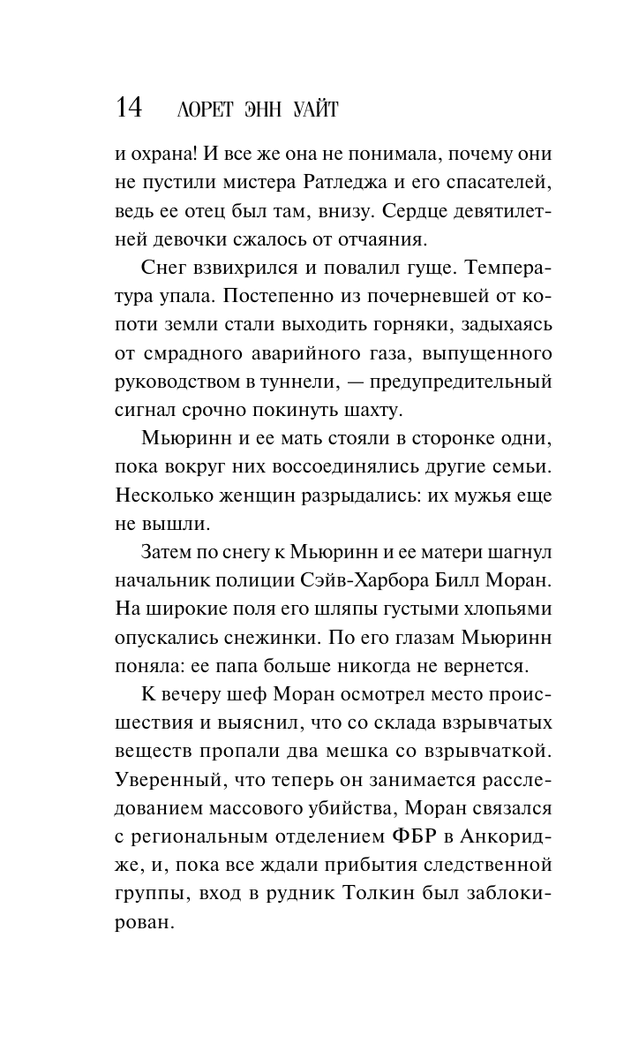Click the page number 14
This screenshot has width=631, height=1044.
click(128, 108)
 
